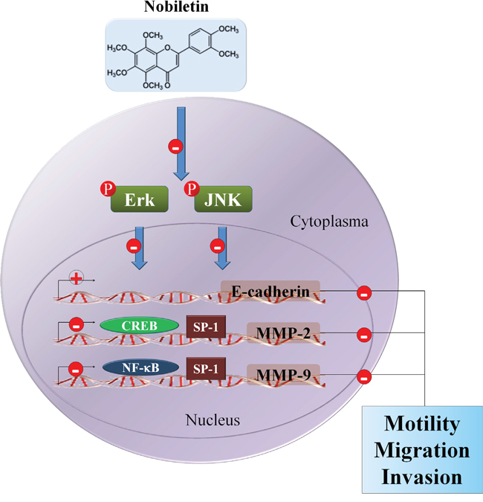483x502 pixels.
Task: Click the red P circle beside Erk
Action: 106,189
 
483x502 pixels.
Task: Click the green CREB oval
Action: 139,327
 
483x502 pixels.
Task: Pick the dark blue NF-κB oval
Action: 139,367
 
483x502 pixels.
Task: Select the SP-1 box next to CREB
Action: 206,327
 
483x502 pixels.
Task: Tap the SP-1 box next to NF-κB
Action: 206,367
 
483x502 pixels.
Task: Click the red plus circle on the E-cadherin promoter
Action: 75,279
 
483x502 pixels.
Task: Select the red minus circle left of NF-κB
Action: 75,367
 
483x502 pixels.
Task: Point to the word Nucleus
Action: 213,421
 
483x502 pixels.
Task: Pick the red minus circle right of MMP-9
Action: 364,376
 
